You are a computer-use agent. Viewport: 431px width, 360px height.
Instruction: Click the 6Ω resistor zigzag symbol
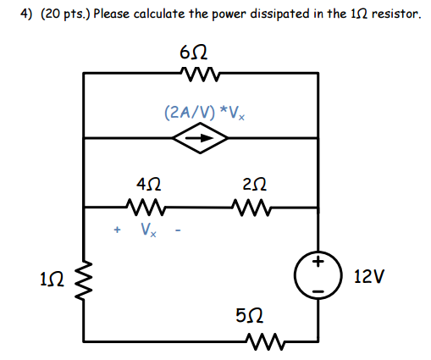point(200,75)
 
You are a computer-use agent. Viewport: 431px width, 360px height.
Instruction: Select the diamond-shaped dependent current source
point(200,137)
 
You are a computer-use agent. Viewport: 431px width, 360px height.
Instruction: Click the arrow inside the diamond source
point(200,137)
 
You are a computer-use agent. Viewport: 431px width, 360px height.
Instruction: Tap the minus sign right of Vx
point(179,230)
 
